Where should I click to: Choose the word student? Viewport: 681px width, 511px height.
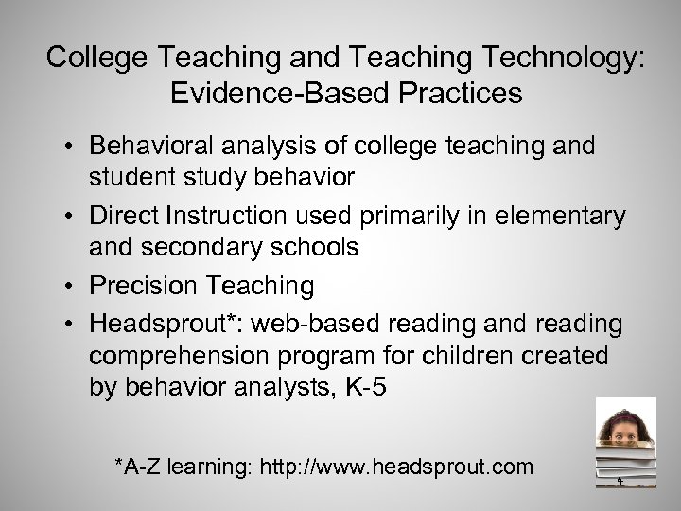click(x=131, y=178)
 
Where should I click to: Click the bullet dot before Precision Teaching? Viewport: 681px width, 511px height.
click(x=71, y=286)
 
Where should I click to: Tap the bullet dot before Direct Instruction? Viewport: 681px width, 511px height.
click(x=71, y=217)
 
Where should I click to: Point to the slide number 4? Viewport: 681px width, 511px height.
click(x=620, y=481)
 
